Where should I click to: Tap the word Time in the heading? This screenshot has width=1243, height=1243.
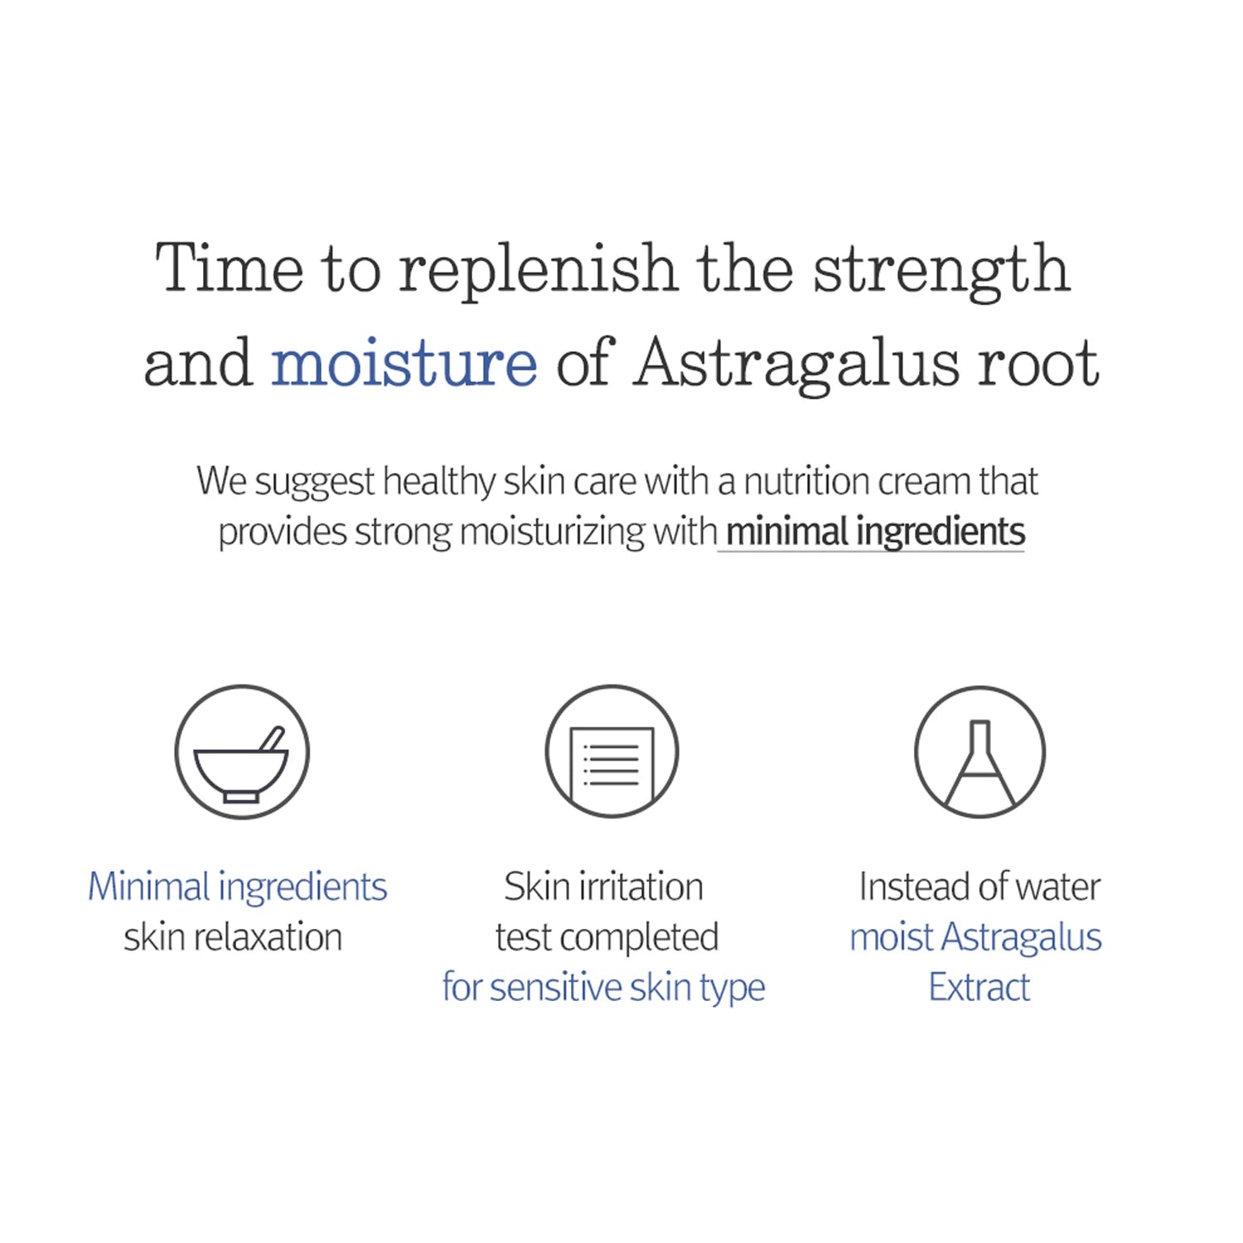click(x=230, y=268)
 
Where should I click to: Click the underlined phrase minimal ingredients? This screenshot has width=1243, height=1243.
click(x=875, y=531)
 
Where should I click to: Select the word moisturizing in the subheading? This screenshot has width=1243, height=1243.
click(x=552, y=532)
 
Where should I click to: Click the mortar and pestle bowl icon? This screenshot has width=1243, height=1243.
click(x=242, y=752)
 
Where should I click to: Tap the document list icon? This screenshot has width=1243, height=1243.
click(x=612, y=752)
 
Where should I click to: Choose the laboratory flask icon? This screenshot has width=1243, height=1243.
click(x=979, y=752)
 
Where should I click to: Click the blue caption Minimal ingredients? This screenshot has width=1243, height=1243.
click(x=238, y=887)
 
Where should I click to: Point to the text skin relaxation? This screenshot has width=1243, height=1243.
click(x=233, y=937)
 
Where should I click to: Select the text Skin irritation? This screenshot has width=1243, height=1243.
click(x=603, y=887)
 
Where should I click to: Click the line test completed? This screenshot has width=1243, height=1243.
click(x=607, y=937)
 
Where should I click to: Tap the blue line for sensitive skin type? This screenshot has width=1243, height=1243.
click(x=603, y=988)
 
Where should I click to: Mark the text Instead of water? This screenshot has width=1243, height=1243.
click(x=979, y=887)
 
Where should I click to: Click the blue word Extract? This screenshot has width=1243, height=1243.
click(x=979, y=988)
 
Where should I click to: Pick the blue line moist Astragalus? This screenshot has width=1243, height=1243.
click(x=975, y=937)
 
